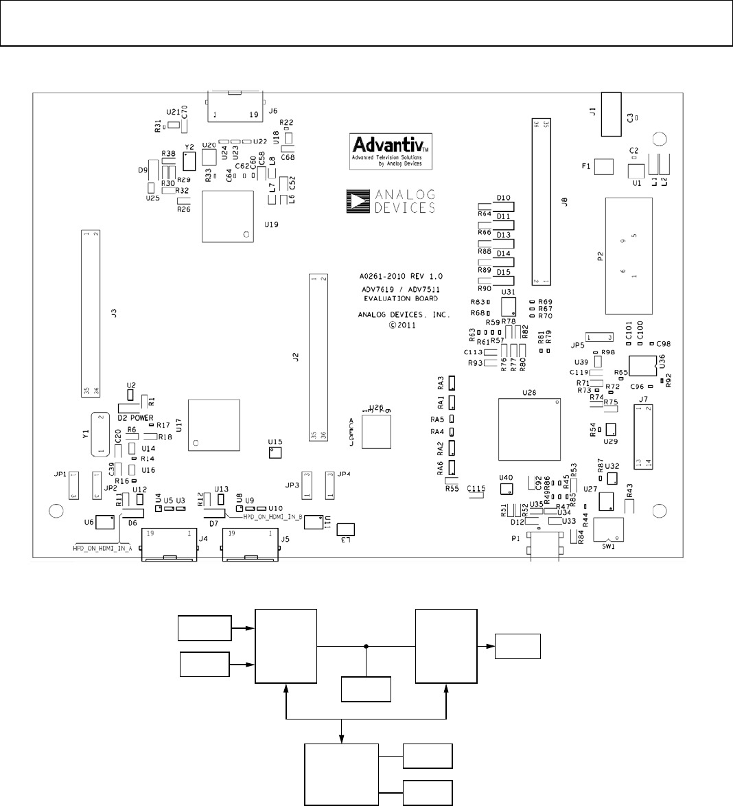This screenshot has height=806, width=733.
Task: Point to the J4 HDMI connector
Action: [x=168, y=544]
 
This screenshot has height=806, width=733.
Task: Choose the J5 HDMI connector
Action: [x=250, y=544]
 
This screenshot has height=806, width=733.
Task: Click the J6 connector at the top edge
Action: [x=234, y=107]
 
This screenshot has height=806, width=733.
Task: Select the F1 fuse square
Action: [x=603, y=167]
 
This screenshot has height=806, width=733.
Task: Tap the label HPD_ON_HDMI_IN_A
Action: [x=102, y=549]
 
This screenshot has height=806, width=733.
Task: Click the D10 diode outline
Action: [x=504, y=206]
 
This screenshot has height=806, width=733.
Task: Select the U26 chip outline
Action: [x=376, y=430]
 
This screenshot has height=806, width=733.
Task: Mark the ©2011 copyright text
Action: [x=402, y=326]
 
